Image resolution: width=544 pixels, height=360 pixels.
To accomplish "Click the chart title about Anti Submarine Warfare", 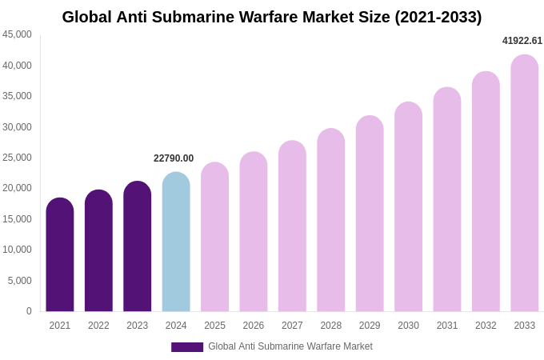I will tap(272, 17).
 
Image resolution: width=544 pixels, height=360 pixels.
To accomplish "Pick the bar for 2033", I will tap(524, 183).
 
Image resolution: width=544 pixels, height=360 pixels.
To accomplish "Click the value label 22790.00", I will tap(174, 158).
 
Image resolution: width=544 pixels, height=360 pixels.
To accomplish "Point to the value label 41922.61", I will tap(522, 41).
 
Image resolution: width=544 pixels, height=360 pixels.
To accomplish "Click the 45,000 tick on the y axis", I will tap(18, 34).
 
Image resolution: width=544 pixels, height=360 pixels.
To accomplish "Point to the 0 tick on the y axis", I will tap(29, 311).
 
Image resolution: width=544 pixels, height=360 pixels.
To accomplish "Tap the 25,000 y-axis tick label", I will tap(18, 158).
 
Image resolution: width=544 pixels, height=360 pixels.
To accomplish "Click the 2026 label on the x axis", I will tap(254, 326).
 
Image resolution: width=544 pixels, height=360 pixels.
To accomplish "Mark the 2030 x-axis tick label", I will tap(408, 326).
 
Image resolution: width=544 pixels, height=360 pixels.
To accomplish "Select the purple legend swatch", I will tap(187, 347).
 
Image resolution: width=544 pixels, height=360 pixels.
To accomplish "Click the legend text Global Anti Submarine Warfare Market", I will tap(290, 346).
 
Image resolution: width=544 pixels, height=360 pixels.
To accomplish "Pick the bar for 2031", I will tap(447, 199).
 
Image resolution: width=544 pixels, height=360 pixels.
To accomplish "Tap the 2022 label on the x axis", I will tap(98, 326).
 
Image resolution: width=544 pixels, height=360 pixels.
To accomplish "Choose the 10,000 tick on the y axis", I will tap(18, 250).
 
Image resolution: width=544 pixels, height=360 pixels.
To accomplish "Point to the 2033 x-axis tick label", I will tap(524, 326).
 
